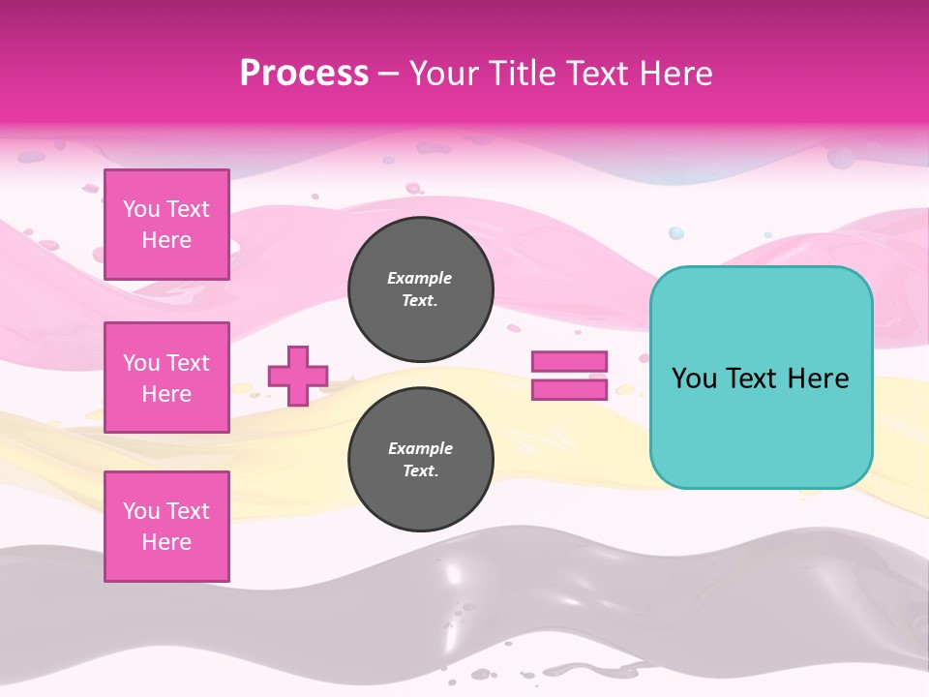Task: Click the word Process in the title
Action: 304,74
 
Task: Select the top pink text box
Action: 166,225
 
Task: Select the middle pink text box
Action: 166,378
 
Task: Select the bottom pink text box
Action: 166,527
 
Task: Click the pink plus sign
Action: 298,376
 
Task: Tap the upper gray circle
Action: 421,289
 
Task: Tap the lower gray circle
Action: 421,460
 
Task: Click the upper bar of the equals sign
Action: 569,362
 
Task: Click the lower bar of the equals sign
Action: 569,389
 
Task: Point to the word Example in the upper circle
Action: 420,278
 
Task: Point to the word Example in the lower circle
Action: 420,448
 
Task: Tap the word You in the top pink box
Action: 141,209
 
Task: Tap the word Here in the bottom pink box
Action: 166,542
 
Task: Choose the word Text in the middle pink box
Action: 187,363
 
